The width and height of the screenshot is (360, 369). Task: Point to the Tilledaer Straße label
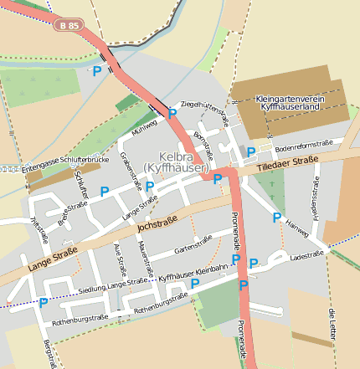(284, 160)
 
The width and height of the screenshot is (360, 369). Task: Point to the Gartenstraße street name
(193, 244)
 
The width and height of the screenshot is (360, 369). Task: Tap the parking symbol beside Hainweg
(277, 218)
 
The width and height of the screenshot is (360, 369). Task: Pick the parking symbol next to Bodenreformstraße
(250, 151)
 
